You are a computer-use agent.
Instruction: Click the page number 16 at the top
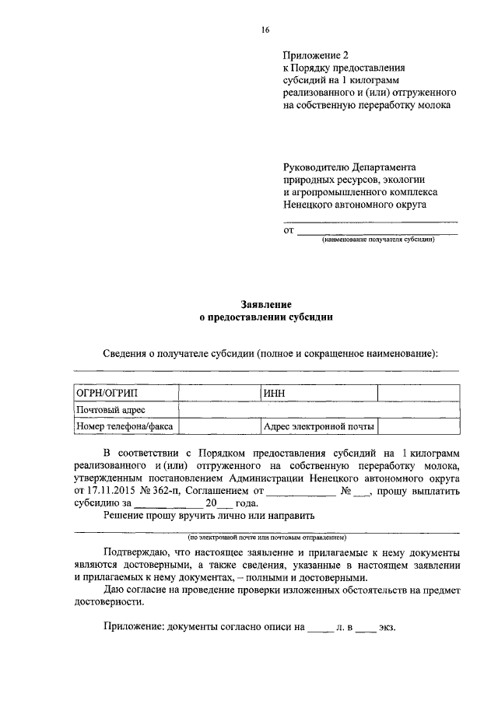pos(265,30)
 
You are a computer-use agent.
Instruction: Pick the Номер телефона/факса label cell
pos(124,426)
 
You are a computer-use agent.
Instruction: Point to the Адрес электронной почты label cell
pos(319,426)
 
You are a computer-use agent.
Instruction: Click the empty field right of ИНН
pos(418,394)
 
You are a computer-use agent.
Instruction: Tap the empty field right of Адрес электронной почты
pos(418,426)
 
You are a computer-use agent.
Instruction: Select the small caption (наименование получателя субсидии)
pos(378,240)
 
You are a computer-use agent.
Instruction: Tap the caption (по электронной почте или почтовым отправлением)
pos(266,537)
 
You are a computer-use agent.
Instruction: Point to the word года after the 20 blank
pos(246,503)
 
